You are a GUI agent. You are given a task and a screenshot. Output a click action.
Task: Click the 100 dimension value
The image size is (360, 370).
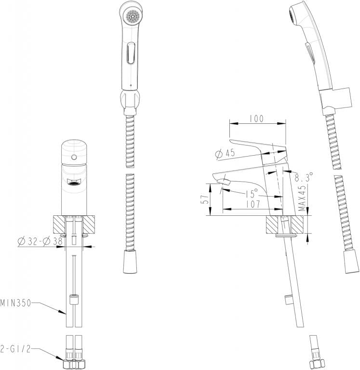pyautogui.click(x=256, y=119)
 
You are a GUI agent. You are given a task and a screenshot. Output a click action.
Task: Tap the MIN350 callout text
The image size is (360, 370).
pyautogui.click(x=15, y=303)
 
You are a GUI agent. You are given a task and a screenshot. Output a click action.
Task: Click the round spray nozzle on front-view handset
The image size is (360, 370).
pyautogui.click(x=131, y=16)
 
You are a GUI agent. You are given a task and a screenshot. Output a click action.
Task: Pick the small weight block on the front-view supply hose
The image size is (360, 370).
pyautogui.click(x=74, y=301)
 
